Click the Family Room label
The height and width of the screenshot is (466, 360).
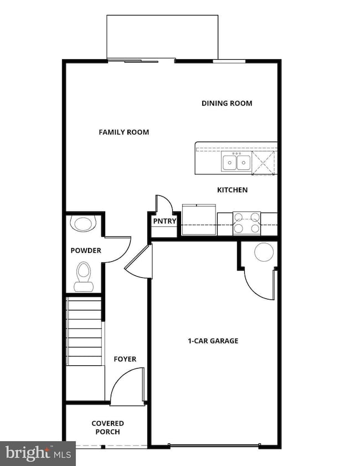124,132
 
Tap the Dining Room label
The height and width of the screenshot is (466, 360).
227,103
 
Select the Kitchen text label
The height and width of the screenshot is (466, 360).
232,190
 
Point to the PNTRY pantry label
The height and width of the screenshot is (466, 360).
164,221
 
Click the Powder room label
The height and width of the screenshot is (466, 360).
86,251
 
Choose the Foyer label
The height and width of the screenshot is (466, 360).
125,359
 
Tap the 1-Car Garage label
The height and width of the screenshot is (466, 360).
213,341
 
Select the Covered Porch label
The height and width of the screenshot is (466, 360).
107,428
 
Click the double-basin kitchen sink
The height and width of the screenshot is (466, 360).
236,163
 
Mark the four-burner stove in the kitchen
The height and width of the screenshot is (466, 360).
246,223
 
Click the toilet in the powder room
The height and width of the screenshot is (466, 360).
84,277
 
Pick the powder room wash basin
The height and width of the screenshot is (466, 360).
84,224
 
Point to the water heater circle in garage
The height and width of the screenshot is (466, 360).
264,252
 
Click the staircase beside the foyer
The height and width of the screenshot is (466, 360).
85,331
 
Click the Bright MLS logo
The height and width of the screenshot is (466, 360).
37,453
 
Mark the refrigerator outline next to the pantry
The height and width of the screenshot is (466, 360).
199,220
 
